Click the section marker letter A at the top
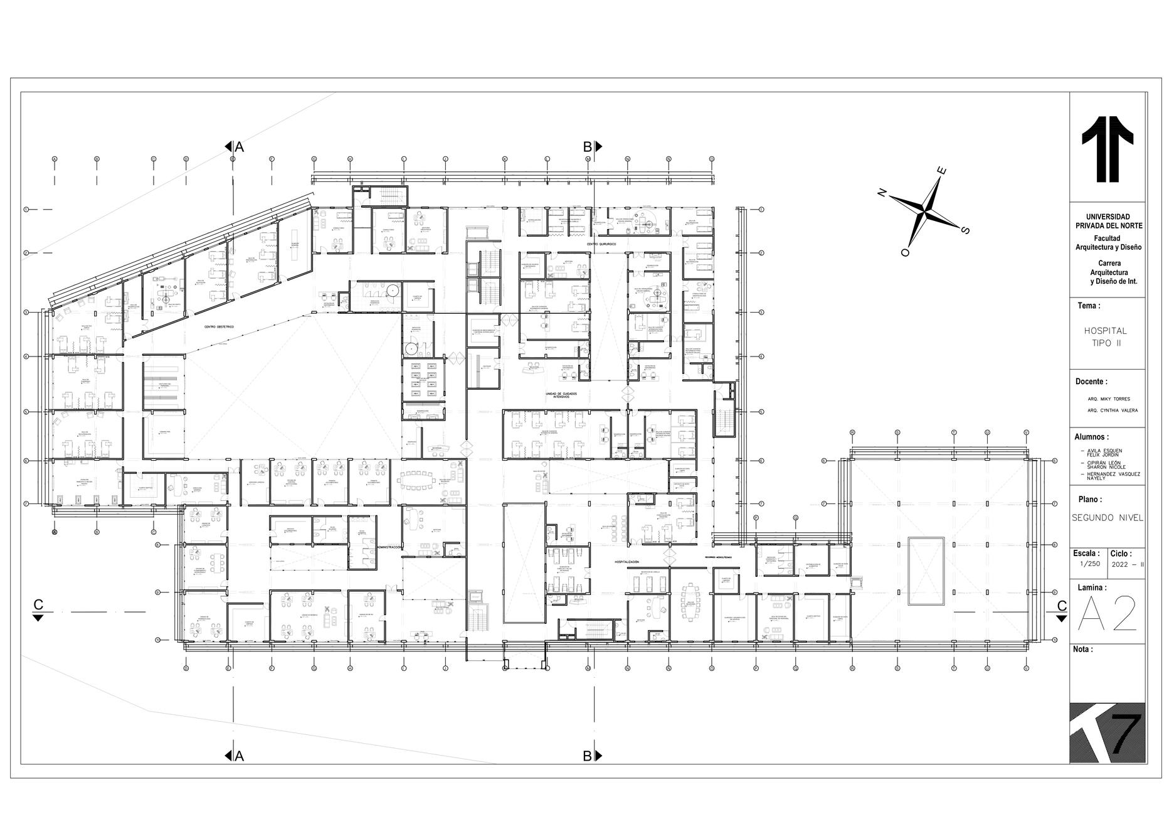click(239, 147)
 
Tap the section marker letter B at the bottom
click(588, 756)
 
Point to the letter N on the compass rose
click(882, 193)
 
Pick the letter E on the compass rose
click(941, 171)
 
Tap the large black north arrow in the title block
click(1108, 149)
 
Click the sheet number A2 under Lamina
click(1107, 614)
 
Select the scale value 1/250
click(1089, 564)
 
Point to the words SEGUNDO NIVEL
click(1107, 518)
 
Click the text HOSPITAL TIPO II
click(1106, 337)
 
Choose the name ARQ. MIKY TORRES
click(1109, 399)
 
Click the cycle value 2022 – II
click(1128, 564)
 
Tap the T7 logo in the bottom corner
click(1108, 732)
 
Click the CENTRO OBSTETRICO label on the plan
click(218, 327)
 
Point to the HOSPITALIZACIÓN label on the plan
click(627, 562)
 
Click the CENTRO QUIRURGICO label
click(602, 243)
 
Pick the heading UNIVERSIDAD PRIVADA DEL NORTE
click(1109, 221)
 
